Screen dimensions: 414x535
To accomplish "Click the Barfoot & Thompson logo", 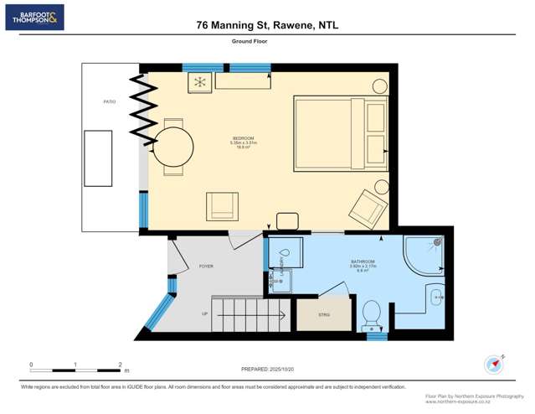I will tap(34, 18).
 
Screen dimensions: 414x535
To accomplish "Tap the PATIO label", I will tap(110, 102).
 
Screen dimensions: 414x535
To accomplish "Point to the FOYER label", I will tap(206, 267).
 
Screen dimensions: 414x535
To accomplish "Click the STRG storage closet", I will tap(324, 314).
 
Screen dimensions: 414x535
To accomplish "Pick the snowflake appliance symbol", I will tap(200, 82).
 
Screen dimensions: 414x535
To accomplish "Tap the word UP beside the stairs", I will tap(204, 314).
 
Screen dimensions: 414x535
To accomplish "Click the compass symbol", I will tap(494, 365).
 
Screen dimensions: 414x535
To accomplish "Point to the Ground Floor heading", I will tap(249, 40).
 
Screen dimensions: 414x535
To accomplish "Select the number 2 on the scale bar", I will tap(121, 365).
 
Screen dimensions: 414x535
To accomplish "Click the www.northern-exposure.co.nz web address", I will tap(475, 401).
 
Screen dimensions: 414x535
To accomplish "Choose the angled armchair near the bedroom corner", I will tap(368, 207).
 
